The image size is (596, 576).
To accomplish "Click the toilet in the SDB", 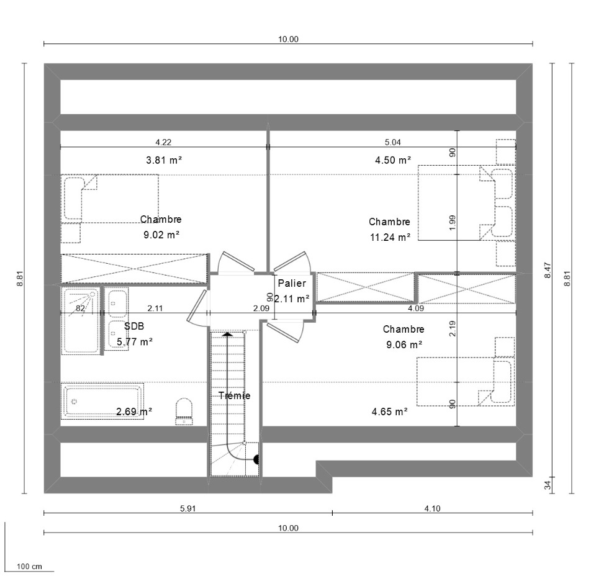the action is pyautogui.click(x=184, y=412).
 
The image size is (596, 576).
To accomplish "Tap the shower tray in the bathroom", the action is pyautogui.click(x=81, y=321).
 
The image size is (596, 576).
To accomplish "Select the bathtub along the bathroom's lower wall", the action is pyautogui.click(x=102, y=401).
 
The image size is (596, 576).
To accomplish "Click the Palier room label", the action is pyautogui.click(x=292, y=283).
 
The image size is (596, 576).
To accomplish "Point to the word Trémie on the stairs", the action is pyautogui.click(x=235, y=395).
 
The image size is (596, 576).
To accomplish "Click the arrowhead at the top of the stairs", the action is pyautogui.click(x=228, y=335).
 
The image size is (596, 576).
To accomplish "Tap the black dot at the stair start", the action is pyautogui.click(x=256, y=460).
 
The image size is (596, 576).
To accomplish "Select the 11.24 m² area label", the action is pyautogui.click(x=391, y=238).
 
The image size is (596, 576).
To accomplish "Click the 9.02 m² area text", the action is pyautogui.click(x=161, y=235).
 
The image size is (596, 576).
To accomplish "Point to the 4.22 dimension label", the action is pyautogui.click(x=163, y=142).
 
